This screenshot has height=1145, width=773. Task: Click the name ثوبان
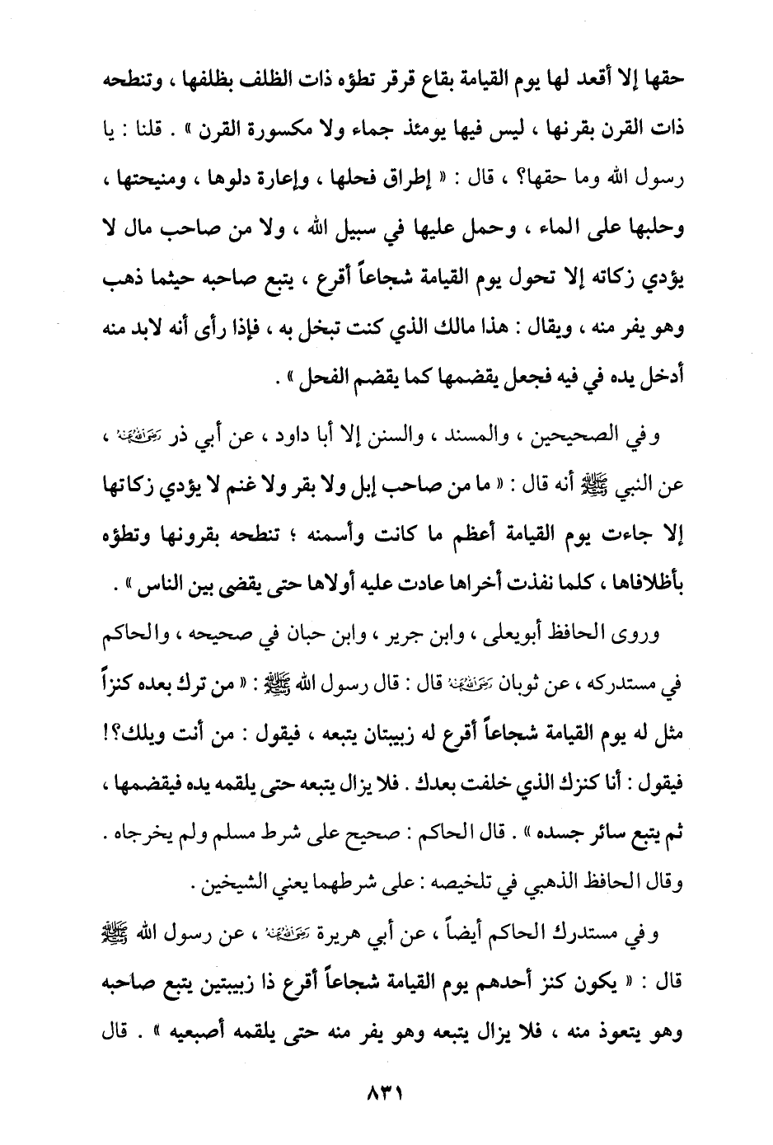(520, 682)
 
